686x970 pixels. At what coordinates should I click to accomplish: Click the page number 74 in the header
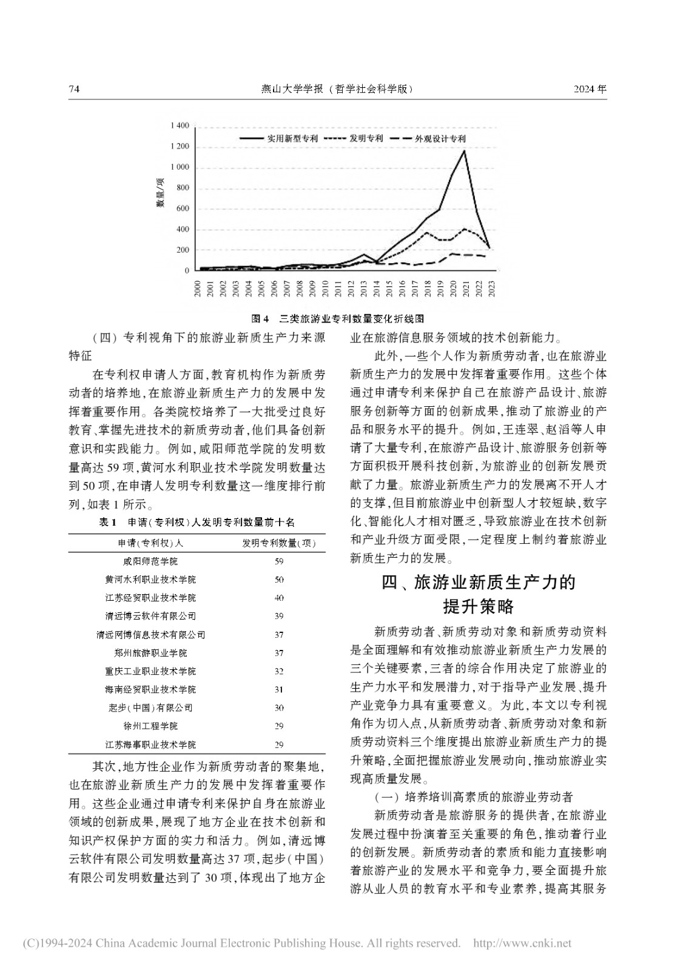(75, 89)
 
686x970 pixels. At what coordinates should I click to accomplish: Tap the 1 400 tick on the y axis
(180, 125)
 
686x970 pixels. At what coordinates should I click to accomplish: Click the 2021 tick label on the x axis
(465, 290)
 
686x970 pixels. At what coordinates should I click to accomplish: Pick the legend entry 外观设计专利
(440, 138)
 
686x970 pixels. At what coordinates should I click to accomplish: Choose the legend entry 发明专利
(366, 138)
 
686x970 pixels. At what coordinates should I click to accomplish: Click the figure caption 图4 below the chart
(337, 318)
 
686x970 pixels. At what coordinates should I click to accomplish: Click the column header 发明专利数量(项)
(279, 543)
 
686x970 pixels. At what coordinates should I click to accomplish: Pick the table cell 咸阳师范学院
(150, 561)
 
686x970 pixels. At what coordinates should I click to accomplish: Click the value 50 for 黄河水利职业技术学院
(279, 580)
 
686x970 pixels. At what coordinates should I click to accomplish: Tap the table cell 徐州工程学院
(150, 726)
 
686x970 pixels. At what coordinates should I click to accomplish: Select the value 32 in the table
(279, 671)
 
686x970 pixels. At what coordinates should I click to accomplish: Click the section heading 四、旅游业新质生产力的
(478, 583)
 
